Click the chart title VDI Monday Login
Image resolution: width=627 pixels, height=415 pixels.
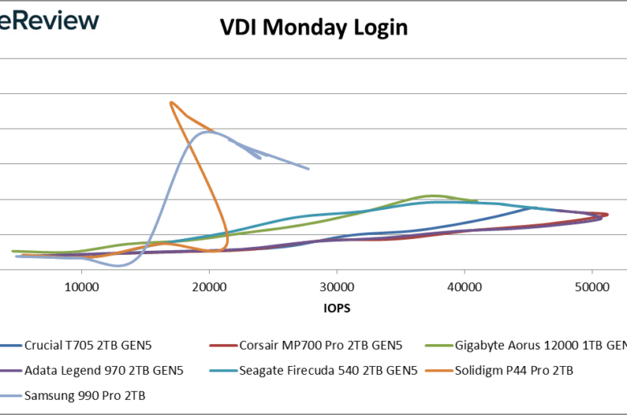313,27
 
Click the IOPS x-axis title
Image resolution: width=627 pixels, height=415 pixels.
337,308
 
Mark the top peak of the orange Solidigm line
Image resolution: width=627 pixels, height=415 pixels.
171,102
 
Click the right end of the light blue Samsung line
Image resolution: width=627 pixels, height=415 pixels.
309,169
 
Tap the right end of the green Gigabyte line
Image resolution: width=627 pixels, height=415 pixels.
477,201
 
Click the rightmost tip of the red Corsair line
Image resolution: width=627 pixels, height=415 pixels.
608,214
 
